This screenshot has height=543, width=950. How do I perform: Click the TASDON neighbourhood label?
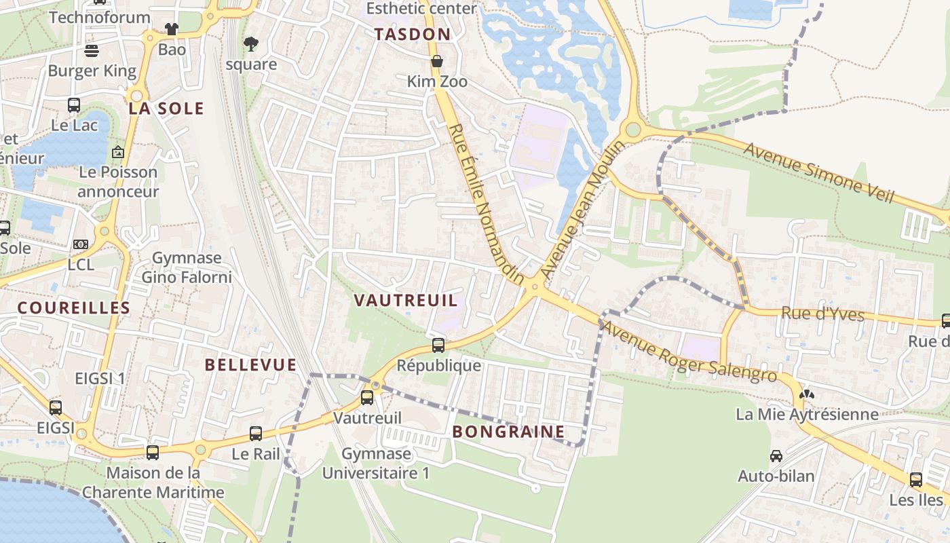(412, 35)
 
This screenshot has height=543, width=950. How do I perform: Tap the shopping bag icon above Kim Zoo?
(437, 61)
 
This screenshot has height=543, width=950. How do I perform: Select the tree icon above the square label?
(251, 45)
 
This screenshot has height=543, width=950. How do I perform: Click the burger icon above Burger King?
(92, 51)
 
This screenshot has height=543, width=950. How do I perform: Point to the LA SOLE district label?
(166, 109)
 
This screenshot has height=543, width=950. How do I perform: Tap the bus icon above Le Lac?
(74, 105)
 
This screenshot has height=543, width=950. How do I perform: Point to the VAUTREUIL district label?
(406, 300)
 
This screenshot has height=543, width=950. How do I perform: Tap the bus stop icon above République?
(438, 345)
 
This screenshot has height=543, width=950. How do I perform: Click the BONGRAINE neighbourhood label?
(508, 432)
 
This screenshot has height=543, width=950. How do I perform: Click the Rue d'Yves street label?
(822, 314)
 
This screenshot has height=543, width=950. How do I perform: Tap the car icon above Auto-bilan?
(776, 456)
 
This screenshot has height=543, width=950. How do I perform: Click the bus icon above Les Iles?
(916, 480)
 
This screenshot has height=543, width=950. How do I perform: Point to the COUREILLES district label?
(73, 308)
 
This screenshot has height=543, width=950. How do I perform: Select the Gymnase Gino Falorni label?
(187, 267)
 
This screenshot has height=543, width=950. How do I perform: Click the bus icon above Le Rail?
(256, 433)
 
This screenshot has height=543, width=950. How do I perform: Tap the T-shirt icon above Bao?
(171, 29)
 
